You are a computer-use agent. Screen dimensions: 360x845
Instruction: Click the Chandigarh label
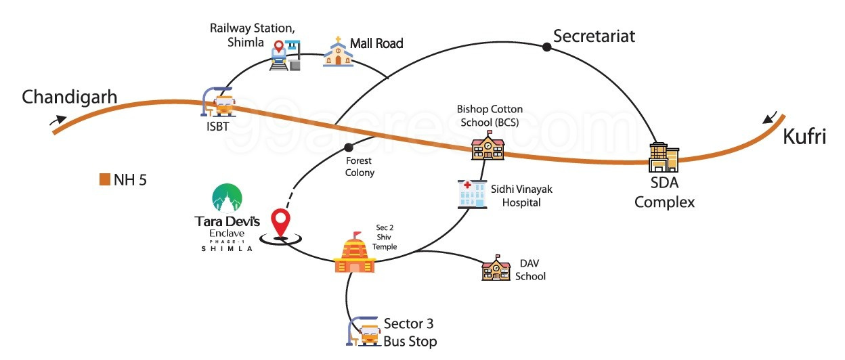[70, 97]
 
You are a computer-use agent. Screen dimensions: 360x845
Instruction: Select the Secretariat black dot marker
[546, 47]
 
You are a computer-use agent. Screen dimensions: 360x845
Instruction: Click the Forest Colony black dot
[349, 148]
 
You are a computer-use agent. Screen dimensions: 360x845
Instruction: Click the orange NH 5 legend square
[105, 179]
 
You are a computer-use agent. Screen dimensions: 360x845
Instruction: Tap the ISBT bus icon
[220, 104]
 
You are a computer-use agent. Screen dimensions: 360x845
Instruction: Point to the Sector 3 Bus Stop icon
[364, 331]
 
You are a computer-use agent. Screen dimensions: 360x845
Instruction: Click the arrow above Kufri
[769, 119]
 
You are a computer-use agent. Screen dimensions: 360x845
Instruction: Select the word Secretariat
[594, 37]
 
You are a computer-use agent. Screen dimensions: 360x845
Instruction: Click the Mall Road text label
[376, 44]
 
